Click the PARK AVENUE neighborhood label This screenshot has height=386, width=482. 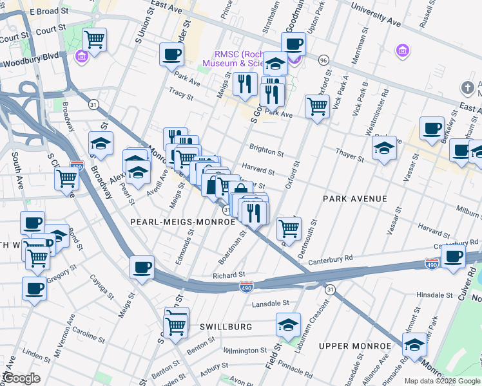(x=355, y=199)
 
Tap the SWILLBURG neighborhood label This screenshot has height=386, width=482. (x=227, y=327)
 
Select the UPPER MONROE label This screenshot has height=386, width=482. (x=355, y=346)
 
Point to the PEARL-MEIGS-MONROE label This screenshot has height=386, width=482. (x=182, y=221)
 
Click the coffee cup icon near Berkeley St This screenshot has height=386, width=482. (x=432, y=127)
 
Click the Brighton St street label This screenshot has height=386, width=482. (x=267, y=151)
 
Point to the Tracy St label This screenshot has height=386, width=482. (x=180, y=95)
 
